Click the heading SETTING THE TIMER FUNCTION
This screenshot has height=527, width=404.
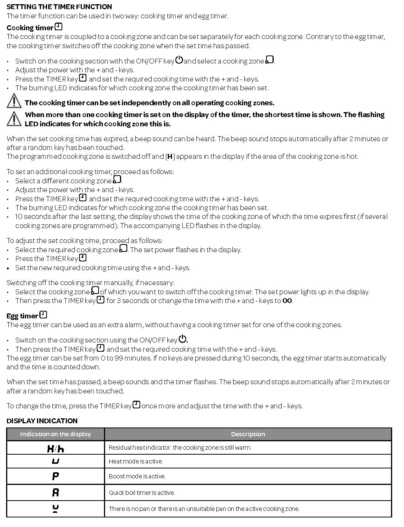tap(59, 7)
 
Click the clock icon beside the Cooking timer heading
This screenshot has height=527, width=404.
tap(58, 27)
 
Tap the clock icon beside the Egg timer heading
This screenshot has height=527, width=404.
tap(43, 315)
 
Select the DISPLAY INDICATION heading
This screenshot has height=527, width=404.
tap(42, 421)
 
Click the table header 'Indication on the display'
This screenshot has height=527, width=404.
tap(55, 434)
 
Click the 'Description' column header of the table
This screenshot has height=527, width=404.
tap(248, 434)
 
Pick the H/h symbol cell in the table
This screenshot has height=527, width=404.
tap(55, 448)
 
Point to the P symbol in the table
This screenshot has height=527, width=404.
tap(55, 476)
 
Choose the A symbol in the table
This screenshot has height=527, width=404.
tap(55, 493)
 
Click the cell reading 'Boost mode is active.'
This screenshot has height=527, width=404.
tap(137, 476)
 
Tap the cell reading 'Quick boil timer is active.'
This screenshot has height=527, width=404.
tap(142, 493)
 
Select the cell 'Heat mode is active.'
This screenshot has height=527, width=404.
tap(136, 462)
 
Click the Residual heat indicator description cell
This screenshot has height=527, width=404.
tap(180, 448)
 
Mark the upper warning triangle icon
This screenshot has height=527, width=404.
tap(14, 101)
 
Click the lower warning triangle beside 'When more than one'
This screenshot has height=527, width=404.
tap(14, 118)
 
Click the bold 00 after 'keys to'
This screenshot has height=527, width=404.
tap(287, 301)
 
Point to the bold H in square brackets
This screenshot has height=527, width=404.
tap(170, 157)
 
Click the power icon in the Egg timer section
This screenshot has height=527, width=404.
tap(183, 339)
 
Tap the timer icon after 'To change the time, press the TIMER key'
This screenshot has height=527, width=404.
tap(136, 405)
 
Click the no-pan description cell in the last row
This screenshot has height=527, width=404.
tap(204, 509)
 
